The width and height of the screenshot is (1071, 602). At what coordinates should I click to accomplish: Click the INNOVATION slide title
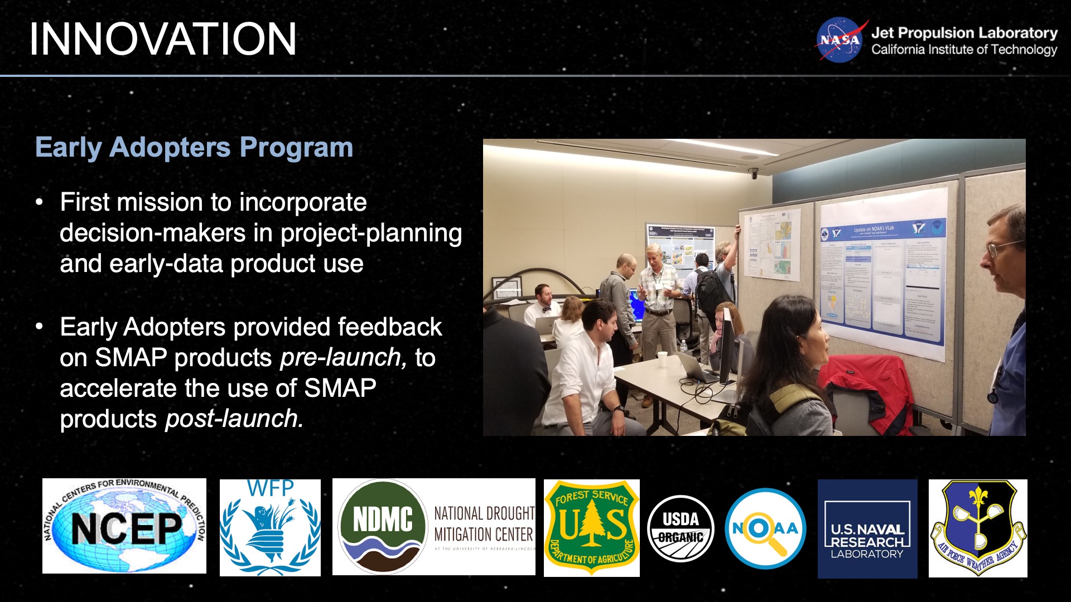162,39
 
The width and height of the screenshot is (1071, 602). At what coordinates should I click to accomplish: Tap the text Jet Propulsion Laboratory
964,33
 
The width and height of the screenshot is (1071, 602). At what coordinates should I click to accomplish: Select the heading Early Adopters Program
194,148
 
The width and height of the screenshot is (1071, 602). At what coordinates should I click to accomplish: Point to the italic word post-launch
234,419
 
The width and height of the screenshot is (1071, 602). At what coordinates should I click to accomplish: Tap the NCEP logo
124,526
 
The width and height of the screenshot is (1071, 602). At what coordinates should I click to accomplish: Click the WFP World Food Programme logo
270,527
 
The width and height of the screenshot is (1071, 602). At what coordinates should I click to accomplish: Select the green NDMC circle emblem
383,526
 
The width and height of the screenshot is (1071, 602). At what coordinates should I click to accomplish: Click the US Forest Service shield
592,527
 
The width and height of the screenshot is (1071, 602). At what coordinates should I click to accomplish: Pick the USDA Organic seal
681,528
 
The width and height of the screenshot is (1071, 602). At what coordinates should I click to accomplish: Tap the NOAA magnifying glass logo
765,528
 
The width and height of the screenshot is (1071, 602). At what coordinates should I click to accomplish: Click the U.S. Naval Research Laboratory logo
867,529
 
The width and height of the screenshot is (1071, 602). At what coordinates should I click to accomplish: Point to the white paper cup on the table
662,360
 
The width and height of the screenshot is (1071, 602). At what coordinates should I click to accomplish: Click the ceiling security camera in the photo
754,173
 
